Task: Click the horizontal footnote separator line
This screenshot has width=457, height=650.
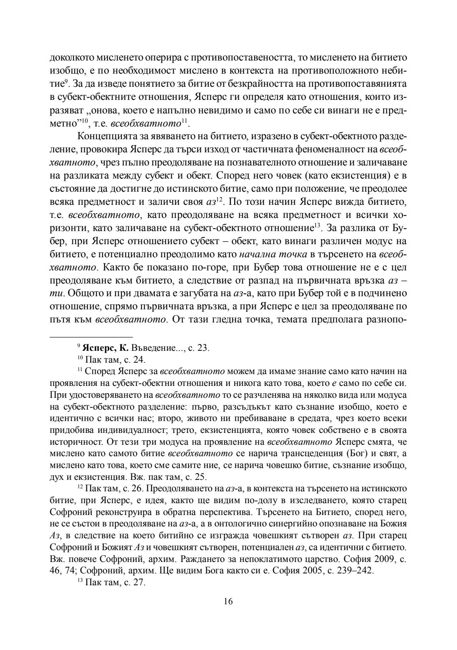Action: pyautogui.click(x=85, y=337)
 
